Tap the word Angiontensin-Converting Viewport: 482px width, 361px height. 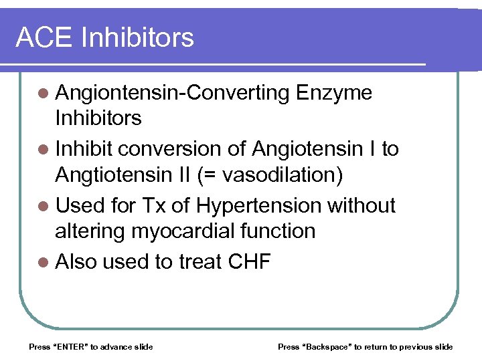coord(171,93)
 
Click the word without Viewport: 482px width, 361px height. coord(361,205)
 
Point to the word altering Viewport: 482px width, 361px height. coord(89,231)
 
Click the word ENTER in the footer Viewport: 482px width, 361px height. coord(69,346)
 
